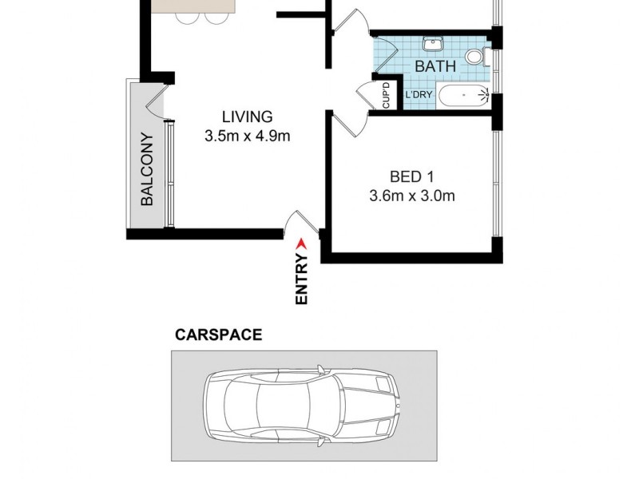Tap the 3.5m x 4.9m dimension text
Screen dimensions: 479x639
click(x=247, y=136)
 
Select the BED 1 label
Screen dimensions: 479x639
click(x=411, y=176)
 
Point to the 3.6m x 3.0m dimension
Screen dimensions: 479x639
click(x=412, y=196)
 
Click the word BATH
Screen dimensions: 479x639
click(x=435, y=66)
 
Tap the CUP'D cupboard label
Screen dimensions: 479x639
click(x=387, y=97)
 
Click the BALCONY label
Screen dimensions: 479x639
click(x=147, y=180)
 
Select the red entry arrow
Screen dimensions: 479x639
click(x=301, y=243)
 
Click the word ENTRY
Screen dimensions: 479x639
click(x=302, y=279)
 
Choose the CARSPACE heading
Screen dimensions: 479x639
click(x=218, y=335)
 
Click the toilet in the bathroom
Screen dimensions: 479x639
click(x=474, y=56)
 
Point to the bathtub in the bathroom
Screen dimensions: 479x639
click(x=462, y=96)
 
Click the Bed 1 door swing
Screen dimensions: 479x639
click(x=346, y=122)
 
